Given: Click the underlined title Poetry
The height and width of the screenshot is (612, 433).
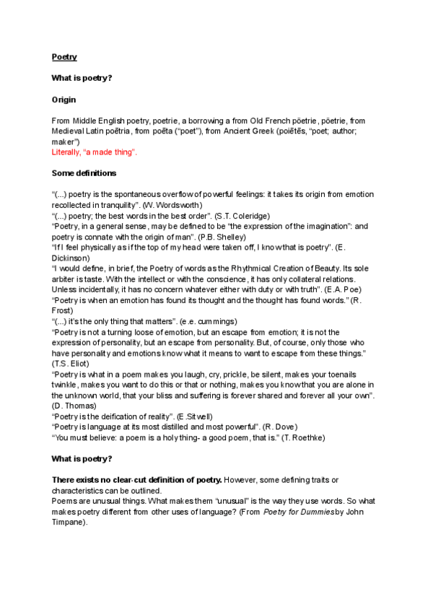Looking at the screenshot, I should [64, 56].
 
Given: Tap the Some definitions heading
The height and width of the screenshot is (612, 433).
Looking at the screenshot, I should [84, 173].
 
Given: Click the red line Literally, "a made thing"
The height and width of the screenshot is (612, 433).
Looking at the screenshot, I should [95, 153].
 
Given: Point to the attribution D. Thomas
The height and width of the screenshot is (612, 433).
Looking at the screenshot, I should [70, 406].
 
